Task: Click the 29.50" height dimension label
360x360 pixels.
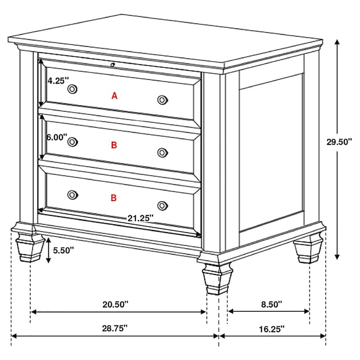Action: click(339, 142)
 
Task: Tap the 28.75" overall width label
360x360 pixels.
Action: click(115, 328)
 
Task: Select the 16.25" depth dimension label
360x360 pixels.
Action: click(272, 328)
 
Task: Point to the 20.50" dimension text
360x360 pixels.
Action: click(115, 304)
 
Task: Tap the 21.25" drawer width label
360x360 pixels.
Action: click(140, 218)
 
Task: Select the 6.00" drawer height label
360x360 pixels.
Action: click(57, 137)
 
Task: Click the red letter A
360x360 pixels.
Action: click(114, 95)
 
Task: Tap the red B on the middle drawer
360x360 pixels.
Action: click(114, 145)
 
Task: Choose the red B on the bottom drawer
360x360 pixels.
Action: click(114, 198)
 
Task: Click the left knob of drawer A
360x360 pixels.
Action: click(72, 89)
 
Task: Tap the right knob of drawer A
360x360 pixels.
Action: click(162, 100)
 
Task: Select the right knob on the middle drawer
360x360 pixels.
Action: click(162, 153)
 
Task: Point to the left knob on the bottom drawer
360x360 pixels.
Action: click(72, 194)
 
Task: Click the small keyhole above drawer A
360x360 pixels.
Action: click(112, 65)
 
